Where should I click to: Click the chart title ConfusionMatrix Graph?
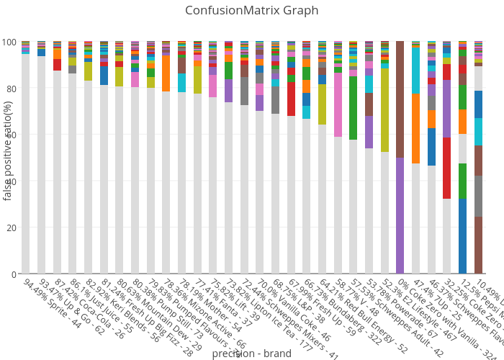(x=251, y=11)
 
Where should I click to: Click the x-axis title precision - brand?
(x=251, y=354)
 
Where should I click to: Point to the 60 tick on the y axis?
(x=10, y=135)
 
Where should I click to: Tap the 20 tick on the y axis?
(x=10, y=228)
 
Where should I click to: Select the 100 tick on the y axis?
(x=8, y=42)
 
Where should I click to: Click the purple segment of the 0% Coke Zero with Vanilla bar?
(x=400, y=216)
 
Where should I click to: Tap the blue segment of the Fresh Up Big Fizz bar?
(x=104, y=76)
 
